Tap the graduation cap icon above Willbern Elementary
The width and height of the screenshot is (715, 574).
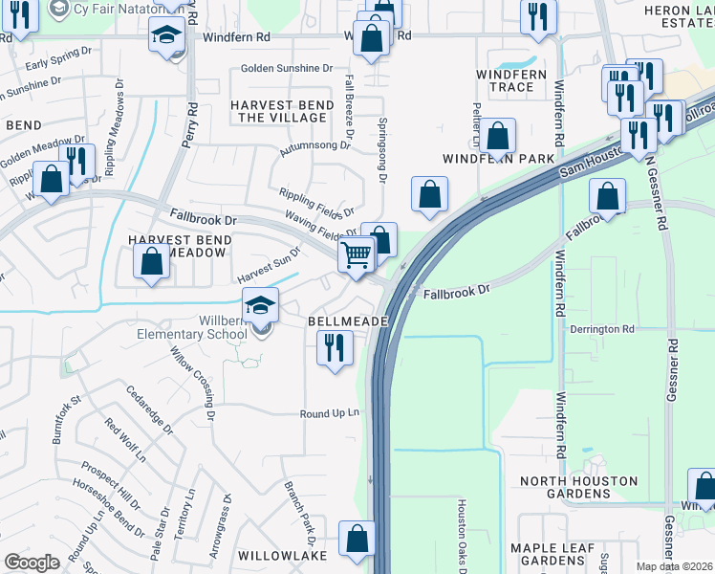coord(260,306)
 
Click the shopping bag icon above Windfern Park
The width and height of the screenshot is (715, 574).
coord(497,136)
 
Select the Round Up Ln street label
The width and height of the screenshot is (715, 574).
coord(329,413)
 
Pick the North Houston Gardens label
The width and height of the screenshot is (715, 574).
coord(565,486)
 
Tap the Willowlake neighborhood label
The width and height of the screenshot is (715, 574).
coord(282,555)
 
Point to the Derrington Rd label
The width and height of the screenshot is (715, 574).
coord(602,328)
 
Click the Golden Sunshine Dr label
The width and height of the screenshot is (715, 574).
coord(286,68)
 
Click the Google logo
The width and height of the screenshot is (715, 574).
coord(32,563)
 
